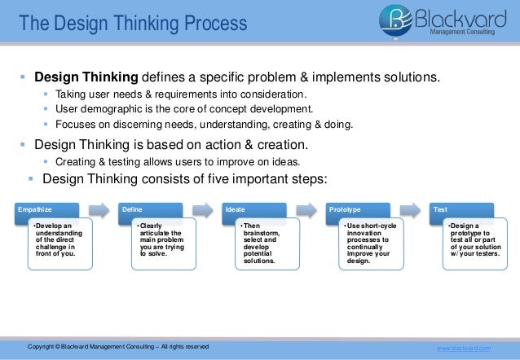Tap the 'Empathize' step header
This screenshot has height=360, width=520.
[x=37, y=210]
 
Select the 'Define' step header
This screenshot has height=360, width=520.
[x=132, y=210]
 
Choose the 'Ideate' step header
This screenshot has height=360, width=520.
[x=235, y=210]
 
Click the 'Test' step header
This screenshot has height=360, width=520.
[x=441, y=210]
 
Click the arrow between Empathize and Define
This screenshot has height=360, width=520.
[x=98, y=210]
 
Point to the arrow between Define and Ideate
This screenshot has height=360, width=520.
[x=201, y=210]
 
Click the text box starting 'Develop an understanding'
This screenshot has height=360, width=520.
[x=55, y=241]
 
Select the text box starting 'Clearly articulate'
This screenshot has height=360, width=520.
[x=160, y=241]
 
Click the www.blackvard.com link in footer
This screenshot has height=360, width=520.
[x=465, y=348]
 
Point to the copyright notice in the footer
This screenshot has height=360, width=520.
[x=118, y=348]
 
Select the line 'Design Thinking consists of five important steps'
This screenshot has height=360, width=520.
[x=183, y=179]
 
